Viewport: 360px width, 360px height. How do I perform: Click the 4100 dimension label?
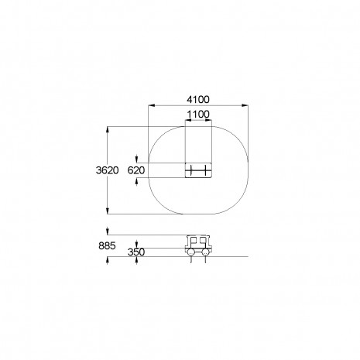click(x=198, y=100)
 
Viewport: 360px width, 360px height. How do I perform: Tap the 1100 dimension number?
click(x=198, y=115)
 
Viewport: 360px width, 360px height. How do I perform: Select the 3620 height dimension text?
click(x=108, y=170)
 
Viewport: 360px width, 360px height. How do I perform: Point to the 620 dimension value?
click(x=136, y=170)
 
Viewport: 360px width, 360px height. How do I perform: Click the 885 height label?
click(x=107, y=246)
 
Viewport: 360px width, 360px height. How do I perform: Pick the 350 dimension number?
click(x=136, y=252)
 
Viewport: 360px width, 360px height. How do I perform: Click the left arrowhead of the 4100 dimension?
click(x=152, y=105)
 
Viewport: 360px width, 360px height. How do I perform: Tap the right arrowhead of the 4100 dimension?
click(x=245, y=105)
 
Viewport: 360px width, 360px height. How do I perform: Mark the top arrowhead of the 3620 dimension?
click(x=108, y=130)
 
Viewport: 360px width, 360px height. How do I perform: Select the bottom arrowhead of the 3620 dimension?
click(x=108, y=211)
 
